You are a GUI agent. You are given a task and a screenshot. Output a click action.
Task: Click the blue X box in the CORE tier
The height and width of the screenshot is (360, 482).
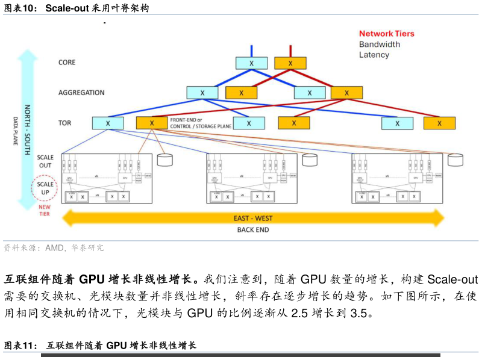click(x=251, y=63)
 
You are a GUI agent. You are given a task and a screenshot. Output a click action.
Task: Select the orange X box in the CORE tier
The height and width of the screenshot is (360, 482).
click(x=290, y=63)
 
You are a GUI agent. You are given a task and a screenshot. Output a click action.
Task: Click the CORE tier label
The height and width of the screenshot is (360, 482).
click(x=67, y=63)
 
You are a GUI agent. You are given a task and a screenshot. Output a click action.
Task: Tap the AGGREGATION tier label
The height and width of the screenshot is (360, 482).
click(x=81, y=93)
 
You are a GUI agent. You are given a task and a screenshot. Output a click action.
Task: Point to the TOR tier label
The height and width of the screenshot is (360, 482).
click(x=64, y=123)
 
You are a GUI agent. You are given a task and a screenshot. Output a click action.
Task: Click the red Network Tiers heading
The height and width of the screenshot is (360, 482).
click(x=387, y=34)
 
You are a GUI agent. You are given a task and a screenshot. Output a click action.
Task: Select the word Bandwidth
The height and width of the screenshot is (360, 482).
click(x=380, y=45)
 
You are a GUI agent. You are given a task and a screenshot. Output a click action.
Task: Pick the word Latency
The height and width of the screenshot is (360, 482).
click(x=374, y=55)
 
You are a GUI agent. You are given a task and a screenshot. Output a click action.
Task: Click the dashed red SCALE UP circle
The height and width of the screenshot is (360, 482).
click(x=45, y=188)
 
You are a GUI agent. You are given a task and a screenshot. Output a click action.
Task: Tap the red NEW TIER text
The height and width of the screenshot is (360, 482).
click(x=45, y=210)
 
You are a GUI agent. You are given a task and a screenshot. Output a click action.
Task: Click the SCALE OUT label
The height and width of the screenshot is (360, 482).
click(x=45, y=161)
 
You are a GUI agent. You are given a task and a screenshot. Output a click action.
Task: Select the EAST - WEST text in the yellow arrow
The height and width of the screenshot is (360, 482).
click(x=253, y=218)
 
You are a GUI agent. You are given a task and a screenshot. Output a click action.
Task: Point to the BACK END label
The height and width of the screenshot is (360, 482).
click(x=253, y=230)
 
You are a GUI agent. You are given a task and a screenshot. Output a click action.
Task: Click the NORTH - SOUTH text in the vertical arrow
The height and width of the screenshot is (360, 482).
click(x=27, y=130)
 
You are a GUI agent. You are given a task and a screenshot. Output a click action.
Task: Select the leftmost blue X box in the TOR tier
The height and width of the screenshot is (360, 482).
click(x=108, y=123)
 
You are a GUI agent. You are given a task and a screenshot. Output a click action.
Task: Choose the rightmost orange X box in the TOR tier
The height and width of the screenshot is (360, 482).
click(x=439, y=123)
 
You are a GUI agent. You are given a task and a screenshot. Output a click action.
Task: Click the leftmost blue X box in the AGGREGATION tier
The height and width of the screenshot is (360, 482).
click(x=202, y=93)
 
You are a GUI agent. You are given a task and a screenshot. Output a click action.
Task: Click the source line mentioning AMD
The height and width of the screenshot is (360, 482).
click(x=54, y=247)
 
